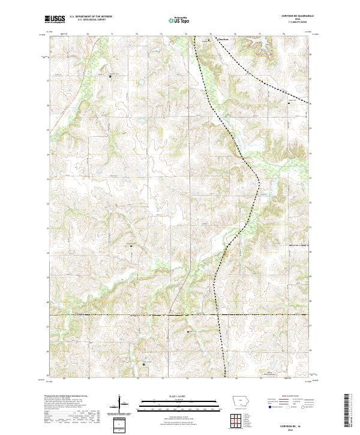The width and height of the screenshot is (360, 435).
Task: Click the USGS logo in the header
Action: pos(55,20)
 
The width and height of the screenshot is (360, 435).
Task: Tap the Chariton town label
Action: pos(223,41)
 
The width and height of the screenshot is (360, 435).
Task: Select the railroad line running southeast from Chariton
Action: pos(252,75)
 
